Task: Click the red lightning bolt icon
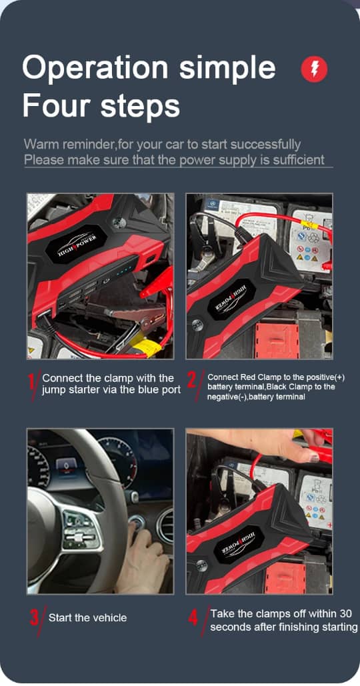click(x=313, y=69)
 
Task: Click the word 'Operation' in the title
click(x=95, y=69)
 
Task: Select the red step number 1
click(x=33, y=385)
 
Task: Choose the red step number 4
click(x=193, y=618)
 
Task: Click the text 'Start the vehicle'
click(x=87, y=618)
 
